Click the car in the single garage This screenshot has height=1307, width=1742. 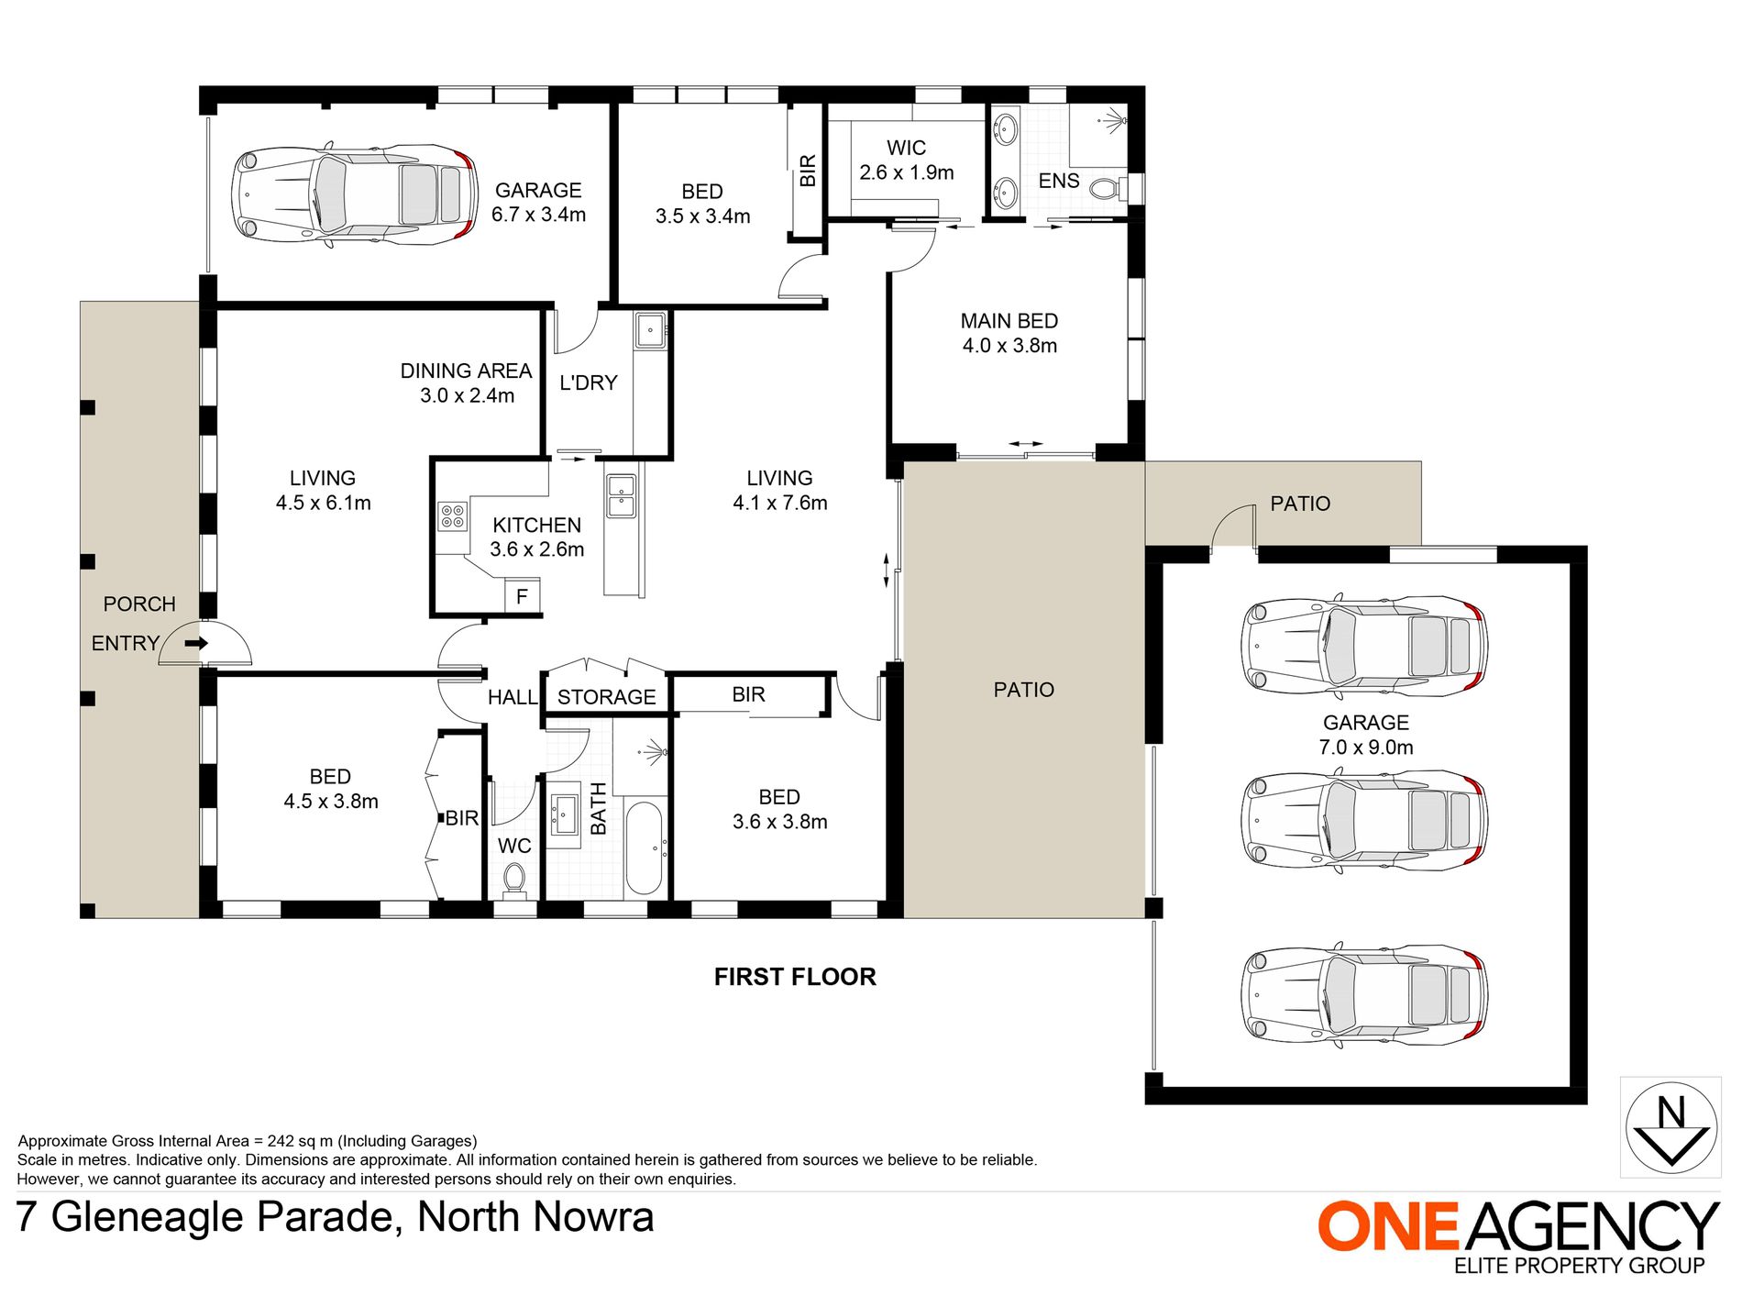click(x=355, y=194)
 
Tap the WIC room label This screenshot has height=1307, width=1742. click(x=906, y=148)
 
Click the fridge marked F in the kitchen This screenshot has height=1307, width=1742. click(x=522, y=596)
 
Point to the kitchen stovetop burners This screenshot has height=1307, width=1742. click(x=452, y=515)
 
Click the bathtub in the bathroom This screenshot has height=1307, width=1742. click(x=644, y=847)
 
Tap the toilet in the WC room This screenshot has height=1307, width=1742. click(x=514, y=881)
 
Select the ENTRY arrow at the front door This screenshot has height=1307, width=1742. click(x=196, y=643)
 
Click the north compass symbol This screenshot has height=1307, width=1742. click(x=1670, y=1126)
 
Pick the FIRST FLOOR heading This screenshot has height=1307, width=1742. click(x=795, y=977)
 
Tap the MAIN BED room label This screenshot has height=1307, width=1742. click(x=1009, y=321)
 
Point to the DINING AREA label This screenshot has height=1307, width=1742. click(x=466, y=371)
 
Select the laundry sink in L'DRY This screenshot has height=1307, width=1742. click(x=651, y=329)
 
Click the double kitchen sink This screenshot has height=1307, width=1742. click(x=621, y=495)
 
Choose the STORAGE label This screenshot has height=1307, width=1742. click(x=606, y=697)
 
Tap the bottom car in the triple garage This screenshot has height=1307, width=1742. click(x=1364, y=994)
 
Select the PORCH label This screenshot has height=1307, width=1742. click(x=139, y=604)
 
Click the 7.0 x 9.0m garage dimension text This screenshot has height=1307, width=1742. click(x=1365, y=748)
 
